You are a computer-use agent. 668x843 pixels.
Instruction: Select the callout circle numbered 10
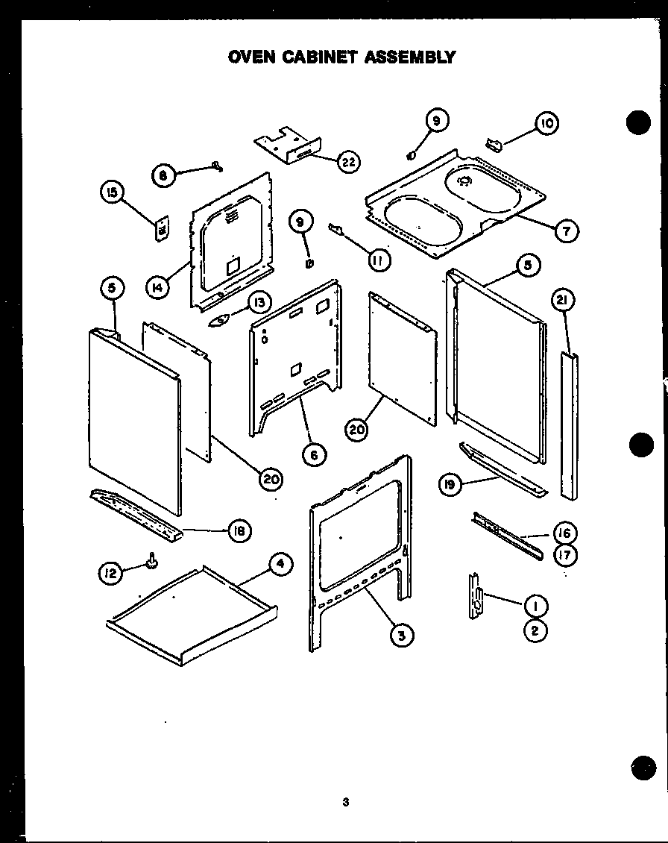(x=546, y=124)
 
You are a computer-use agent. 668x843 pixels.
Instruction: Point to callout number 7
(x=567, y=231)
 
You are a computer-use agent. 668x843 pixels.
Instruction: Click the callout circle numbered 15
(x=111, y=193)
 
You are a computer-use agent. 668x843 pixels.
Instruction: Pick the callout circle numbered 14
(x=157, y=287)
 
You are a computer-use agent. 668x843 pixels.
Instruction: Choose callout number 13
(x=259, y=302)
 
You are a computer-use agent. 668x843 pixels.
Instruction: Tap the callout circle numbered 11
(x=379, y=260)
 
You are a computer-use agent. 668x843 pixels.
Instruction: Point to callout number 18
(x=239, y=531)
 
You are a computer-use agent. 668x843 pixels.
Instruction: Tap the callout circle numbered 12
(x=110, y=573)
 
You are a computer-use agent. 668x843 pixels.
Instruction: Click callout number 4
(x=280, y=565)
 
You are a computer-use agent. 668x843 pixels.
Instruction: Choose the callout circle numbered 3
(x=401, y=635)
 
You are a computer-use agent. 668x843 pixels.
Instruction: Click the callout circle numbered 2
(x=535, y=630)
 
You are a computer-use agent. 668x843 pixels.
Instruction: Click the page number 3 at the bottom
(x=346, y=803)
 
